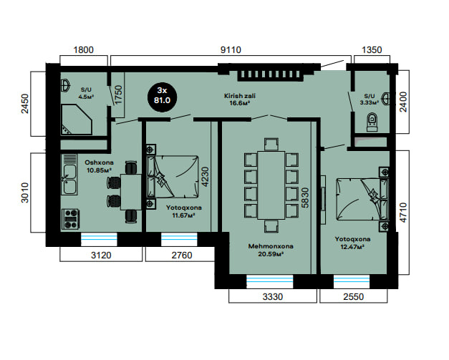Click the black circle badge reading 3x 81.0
point(162,97)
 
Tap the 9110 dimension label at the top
point(231,50)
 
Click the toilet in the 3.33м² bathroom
point(372,122)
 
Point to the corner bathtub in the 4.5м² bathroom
point(77,120)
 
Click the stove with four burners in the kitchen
point(71,219)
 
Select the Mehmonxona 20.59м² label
point(271,250)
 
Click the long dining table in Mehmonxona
point(271,185)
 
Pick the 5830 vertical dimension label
point(305,198)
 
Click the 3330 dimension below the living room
point(273,297)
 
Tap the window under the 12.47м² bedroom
point(352,281)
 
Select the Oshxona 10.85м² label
point(99,166)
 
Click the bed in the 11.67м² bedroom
point(173,177)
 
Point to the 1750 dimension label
point(118,94)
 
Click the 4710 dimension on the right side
point(403,213)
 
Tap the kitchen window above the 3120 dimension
point(99,240)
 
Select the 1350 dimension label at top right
point(372,50)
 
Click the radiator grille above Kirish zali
point(270,74)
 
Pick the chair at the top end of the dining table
point(271,145)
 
